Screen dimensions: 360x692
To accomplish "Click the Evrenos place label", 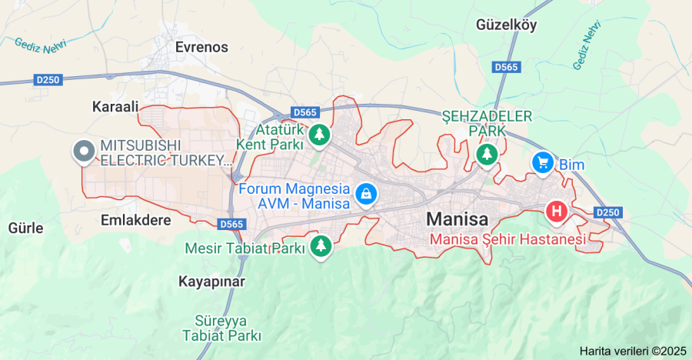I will point(201,47).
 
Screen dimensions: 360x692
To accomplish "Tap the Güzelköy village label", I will point(506,25).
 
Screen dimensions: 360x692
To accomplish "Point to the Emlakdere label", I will point(135,220).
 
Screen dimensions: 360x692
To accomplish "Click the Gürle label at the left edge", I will point(25,228).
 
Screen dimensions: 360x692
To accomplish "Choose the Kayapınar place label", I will point(211,282).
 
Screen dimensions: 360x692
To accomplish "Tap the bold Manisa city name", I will point(457,219).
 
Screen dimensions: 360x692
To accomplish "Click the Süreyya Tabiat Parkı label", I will point(221,328).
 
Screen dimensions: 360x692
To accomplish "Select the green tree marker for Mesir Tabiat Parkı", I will point(319,246).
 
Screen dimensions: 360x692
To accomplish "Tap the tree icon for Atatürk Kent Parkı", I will point(319,136).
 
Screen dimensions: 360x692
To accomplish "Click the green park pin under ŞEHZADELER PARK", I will point(486,155).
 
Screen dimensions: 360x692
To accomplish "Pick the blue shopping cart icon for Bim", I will point(543,162).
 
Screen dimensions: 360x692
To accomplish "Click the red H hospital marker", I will point(556,210).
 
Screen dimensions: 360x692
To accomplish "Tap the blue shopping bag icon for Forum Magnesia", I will point(366,193).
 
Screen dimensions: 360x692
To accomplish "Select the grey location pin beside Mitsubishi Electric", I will point(82,151).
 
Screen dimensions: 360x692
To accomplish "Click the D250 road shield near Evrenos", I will point(48,79).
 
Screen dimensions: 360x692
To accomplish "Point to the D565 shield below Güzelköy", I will point(506,68).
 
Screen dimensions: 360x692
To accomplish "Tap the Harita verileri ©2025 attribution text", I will point(632,351).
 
